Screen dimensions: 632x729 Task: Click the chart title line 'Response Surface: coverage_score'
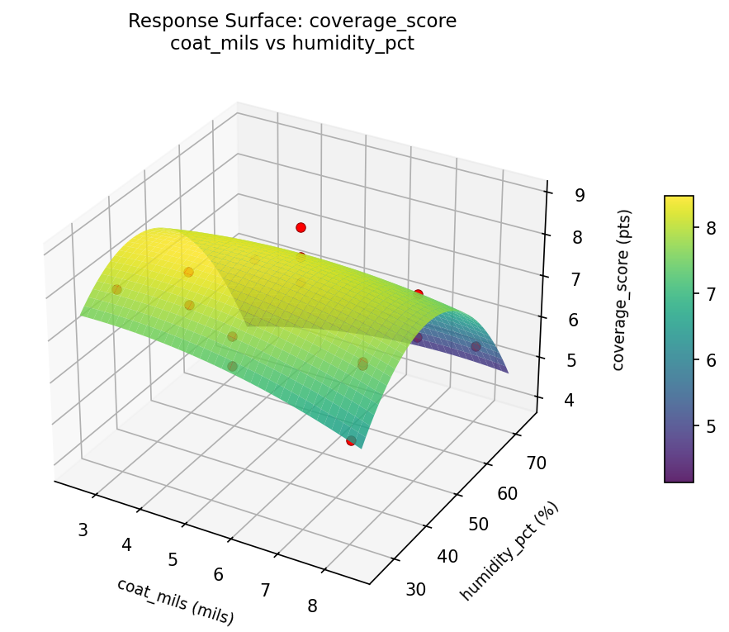[x=291, y=21]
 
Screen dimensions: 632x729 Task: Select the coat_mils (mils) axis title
[x=175, y=601]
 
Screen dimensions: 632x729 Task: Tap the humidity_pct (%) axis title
[x=509, y=551]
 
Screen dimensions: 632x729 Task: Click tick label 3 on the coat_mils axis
[x=83, y=530]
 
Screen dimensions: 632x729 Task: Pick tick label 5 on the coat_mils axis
[x=173, y=560]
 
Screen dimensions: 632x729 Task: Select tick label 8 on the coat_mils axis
[x=312, y=606]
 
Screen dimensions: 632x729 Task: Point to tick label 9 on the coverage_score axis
[x=580, y=195]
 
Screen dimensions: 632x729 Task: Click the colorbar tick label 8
[x=710, y=226]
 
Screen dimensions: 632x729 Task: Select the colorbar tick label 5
[x=710, y=426]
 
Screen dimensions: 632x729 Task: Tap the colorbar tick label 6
[x=710, y=359]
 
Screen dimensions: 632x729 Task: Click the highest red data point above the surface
[x=301, y=227]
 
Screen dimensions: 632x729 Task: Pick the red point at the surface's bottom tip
[x=351, y=441]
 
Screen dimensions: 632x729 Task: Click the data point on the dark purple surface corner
[x=476, y=346]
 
